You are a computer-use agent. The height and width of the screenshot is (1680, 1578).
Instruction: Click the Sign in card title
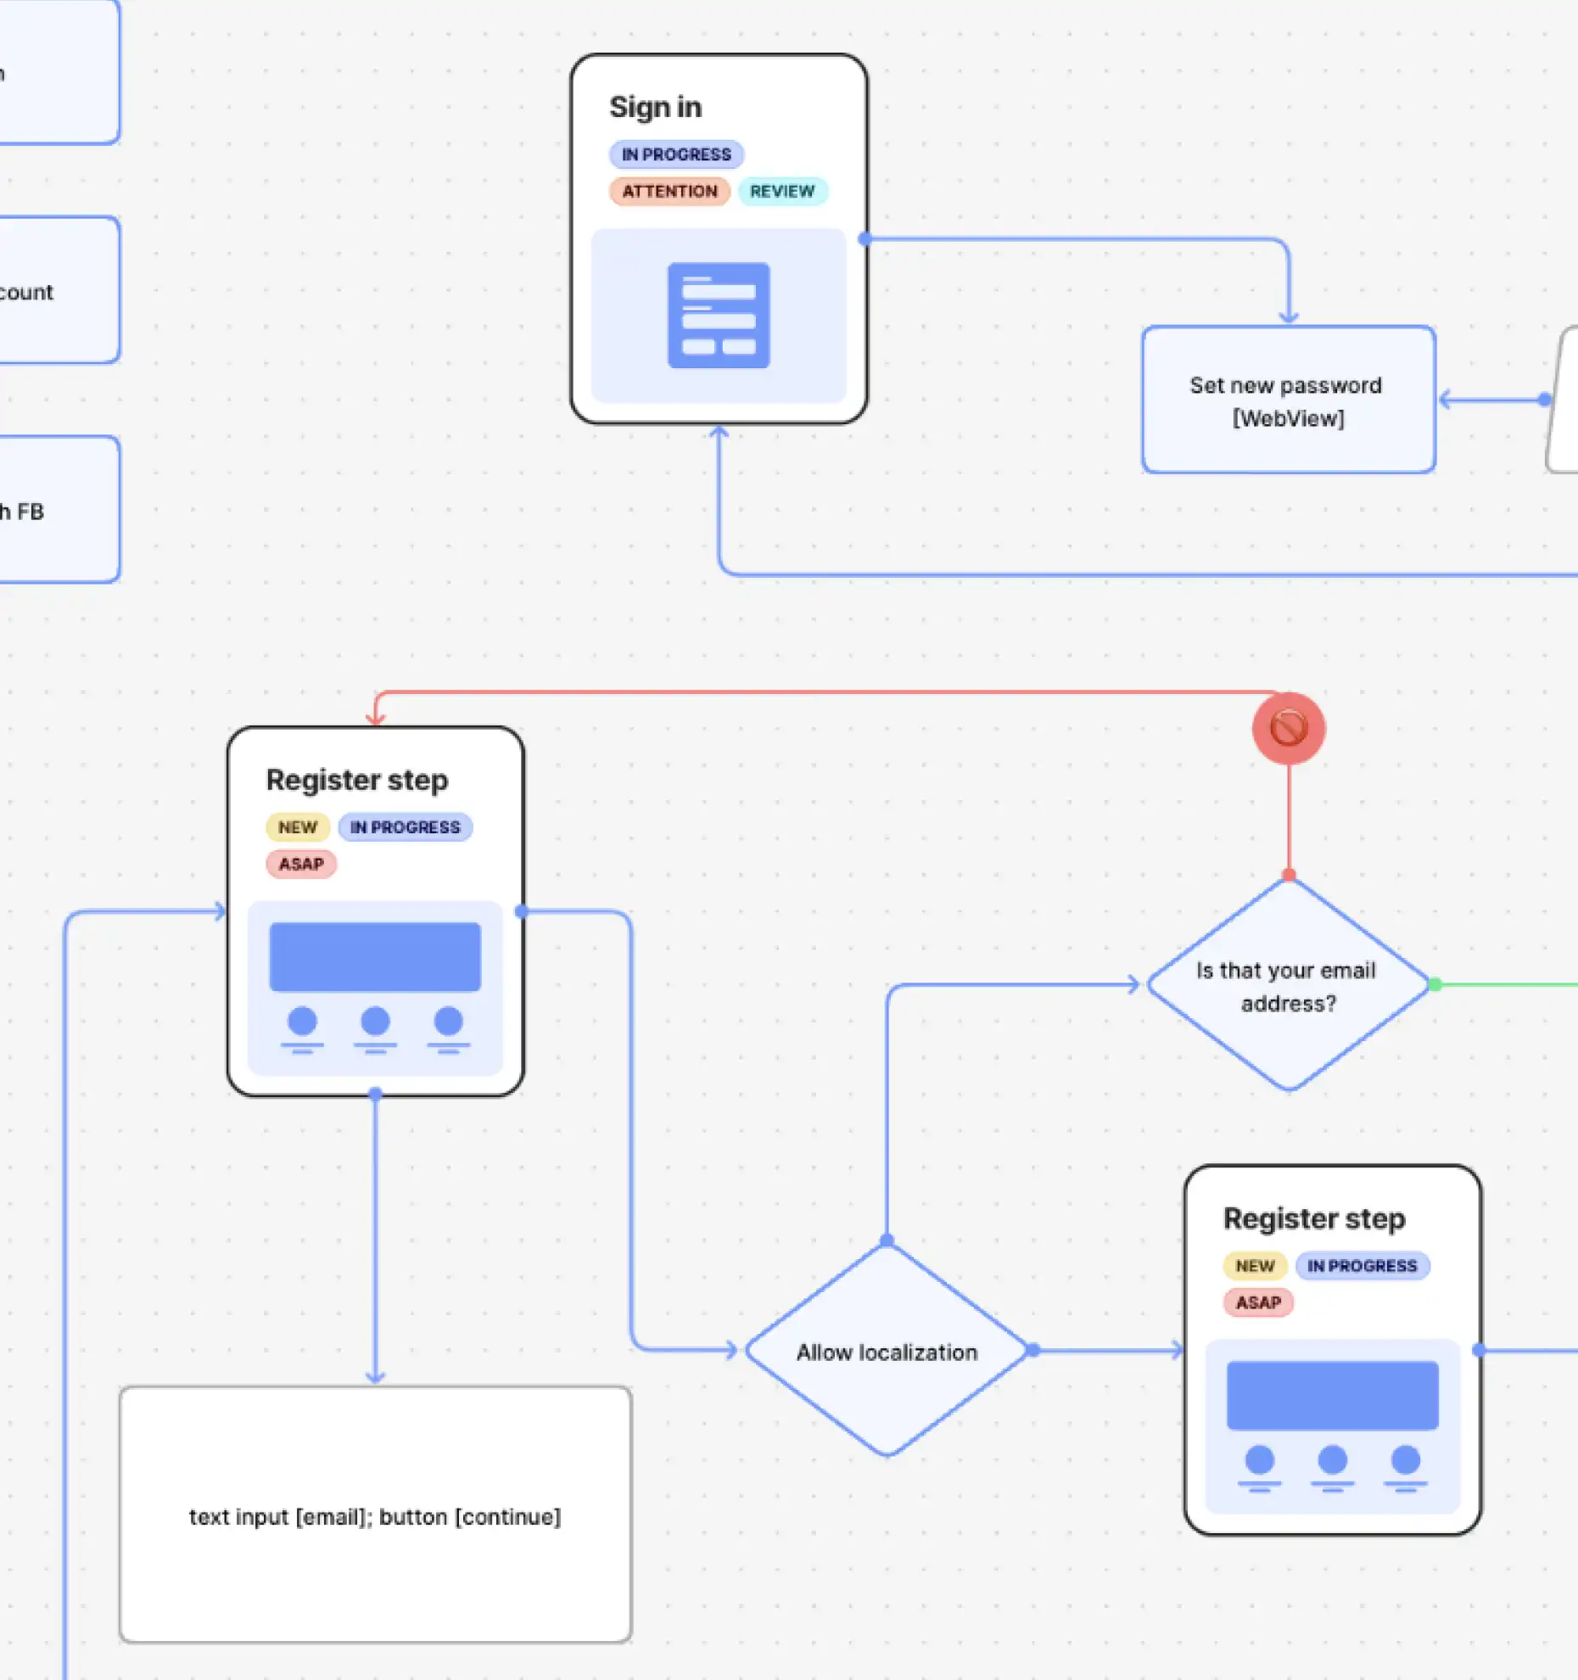[655, 108]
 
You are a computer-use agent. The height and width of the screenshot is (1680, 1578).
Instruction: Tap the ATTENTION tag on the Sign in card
[669, 191]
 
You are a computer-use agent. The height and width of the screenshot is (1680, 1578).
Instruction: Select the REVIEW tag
[781, 191]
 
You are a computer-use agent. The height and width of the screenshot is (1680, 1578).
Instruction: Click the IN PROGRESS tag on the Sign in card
[675, 154]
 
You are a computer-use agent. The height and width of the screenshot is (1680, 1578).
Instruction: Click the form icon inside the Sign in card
[719, 316]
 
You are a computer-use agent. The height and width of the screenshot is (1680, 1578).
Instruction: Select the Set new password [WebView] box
[1287, 400]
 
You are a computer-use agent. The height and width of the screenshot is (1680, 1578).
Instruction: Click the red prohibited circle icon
[1288, 728]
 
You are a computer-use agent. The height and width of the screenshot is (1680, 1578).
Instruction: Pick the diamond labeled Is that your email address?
[1287, 986]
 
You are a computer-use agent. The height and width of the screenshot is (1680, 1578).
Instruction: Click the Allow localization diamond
[887, 1352]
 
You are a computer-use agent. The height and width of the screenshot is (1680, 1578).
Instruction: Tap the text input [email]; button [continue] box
[375, 1515]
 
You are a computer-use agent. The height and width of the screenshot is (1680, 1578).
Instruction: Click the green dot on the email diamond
[1435, 984]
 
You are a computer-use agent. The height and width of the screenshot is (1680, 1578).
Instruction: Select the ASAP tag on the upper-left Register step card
[301, 864]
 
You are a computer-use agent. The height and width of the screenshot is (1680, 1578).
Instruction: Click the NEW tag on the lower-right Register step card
[1255, 1266]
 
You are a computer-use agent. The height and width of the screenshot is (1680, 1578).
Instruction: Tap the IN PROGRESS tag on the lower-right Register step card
[1362, 1266]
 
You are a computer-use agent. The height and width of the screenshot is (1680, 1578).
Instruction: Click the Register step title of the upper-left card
[357, 780]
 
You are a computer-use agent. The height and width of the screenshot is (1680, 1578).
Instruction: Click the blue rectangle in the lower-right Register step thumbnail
[1332, 1396]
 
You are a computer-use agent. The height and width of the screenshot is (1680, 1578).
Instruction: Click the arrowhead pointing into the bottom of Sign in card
[719, 432]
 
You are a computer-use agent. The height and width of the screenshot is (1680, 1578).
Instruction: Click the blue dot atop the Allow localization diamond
[887, 1240]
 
